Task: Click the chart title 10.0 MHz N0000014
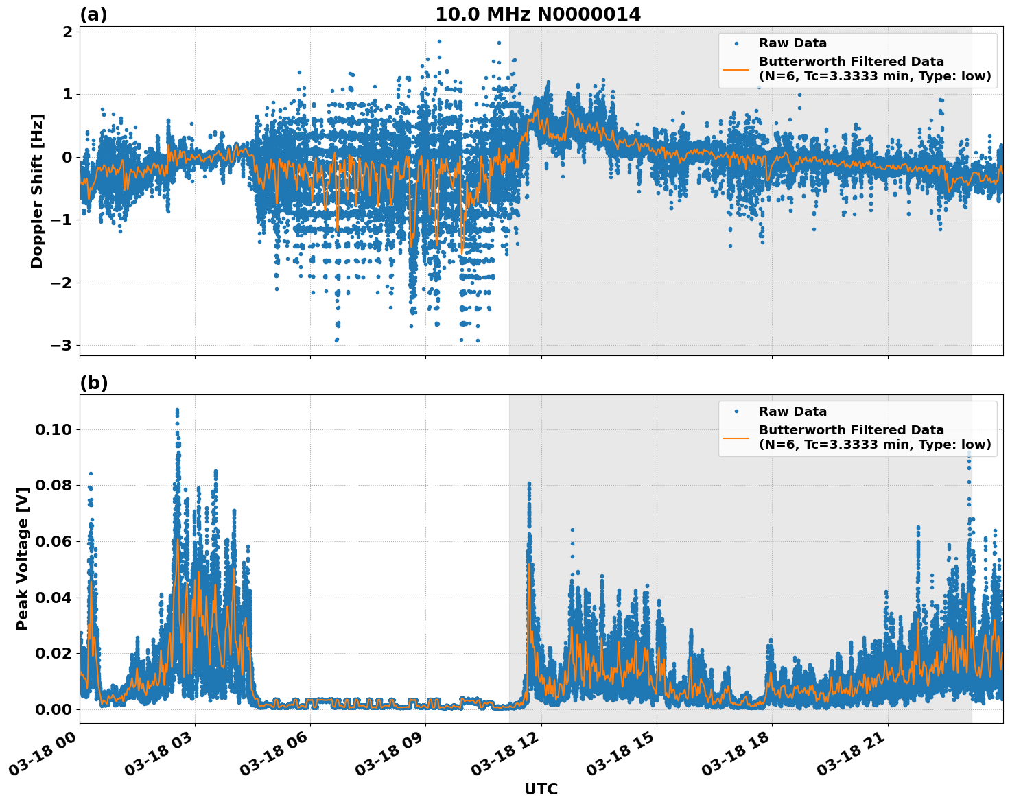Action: coord(538,14)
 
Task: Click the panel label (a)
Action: coord(93,14)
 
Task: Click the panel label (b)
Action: coord(94,383)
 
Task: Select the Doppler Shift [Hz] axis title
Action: coord(37,191)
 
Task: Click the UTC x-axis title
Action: coord(541,789)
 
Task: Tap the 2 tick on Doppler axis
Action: coord(67,32)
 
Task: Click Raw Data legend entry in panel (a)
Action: coord(792,43)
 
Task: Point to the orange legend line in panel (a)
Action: coord(736,69)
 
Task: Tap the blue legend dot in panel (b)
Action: coord(736,412)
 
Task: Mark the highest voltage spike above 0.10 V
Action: coord(177,411)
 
